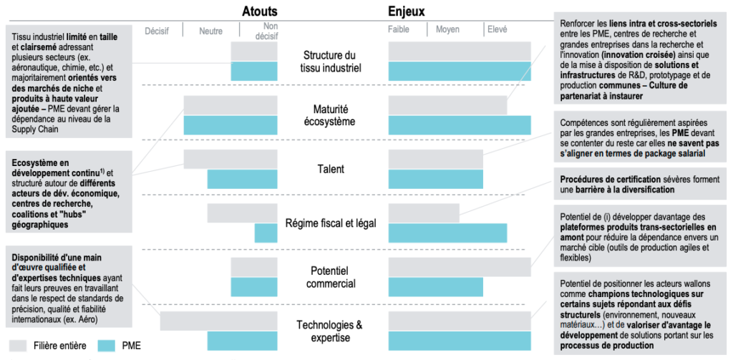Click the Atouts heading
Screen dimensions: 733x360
(x=259, y=11)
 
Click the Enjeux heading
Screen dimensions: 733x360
(x=407, y=11)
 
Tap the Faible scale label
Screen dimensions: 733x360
(x=399, y=29)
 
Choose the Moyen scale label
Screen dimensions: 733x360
(x=448, y=29)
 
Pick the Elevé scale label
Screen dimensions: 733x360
(x=497, y=29)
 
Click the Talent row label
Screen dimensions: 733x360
(x=330, y=169)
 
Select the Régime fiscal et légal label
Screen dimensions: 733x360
(x=331, y=223)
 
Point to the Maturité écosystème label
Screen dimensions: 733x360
(x=332, y=115)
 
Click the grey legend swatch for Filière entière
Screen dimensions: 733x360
(x=18, y=346)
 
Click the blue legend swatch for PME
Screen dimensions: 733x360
(x=106, y=346)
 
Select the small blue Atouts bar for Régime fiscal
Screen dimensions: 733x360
(x=266, y=233)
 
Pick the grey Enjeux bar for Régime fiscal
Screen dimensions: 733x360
(x=424, y=213)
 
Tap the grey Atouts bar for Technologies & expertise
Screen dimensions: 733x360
(x=219, y=321)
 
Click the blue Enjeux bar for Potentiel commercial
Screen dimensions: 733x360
(x=436, y=287)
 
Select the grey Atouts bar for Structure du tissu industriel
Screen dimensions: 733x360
(x=254, y=52)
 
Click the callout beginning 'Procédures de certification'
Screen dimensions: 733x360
(x=640, y=184)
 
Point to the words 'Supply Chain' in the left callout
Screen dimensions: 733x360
(x=37, y=129)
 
